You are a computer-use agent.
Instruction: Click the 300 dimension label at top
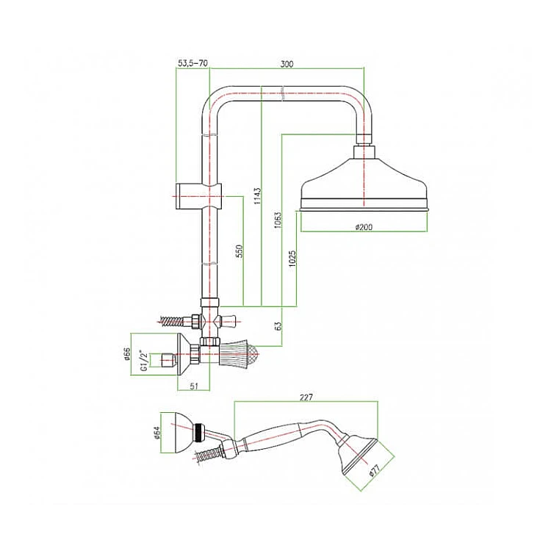tap(287, 64)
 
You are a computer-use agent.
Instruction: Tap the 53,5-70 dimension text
tap(193, 64)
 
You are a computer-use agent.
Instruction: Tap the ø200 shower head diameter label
tap(364, 227)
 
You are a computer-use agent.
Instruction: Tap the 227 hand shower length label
tap(306, 397)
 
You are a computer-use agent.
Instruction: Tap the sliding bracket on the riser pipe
tap(198, 196)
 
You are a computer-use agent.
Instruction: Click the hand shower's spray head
tap(357, 454)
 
